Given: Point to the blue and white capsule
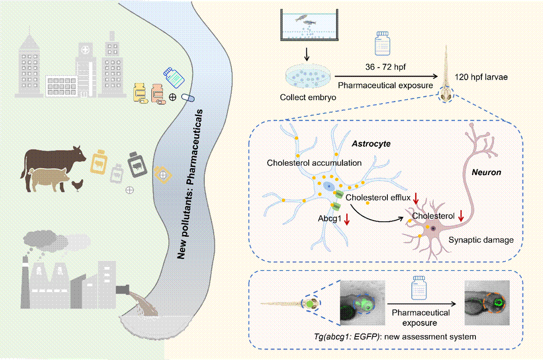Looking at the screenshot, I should pos(188,97).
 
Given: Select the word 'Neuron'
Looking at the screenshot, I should pos(486,173).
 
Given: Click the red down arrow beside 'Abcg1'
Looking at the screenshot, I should pos(347,220).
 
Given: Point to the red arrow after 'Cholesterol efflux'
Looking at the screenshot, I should pos(416,198).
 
